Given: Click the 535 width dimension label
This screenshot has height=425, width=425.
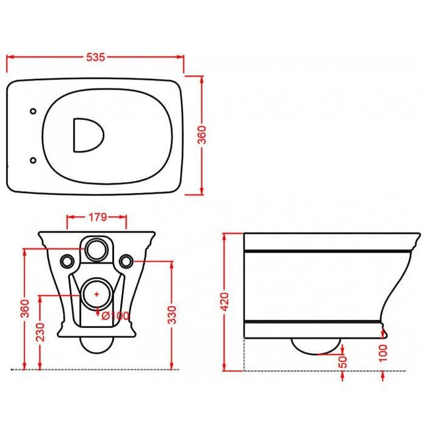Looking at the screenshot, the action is tap(95, 57).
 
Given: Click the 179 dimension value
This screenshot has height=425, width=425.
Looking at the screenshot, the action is tap(98, 217).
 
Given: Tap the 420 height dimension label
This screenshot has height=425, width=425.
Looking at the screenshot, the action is tap(225, 302).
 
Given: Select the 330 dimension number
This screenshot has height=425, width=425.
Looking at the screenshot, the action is tap(172, 314).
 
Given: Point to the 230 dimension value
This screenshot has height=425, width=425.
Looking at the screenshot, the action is tap(40, 332).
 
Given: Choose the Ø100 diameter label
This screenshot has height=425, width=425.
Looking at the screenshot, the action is tap(115, 316).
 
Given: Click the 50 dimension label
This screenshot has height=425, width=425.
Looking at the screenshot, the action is tap(342, 362).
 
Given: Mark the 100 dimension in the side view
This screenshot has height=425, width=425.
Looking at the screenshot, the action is tap(383, 353).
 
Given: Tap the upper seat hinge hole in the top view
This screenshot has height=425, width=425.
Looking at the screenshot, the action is tap(33, 111).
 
